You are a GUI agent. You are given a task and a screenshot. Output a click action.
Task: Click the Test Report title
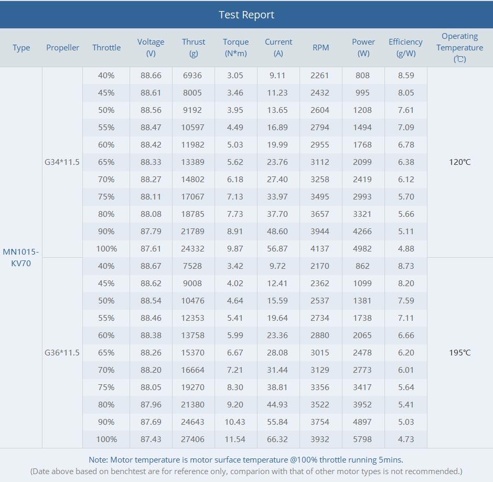(246, 15)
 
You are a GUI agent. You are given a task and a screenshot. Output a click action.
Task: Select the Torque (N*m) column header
(236, 48)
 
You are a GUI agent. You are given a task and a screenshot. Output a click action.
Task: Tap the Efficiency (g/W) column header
(405, 48)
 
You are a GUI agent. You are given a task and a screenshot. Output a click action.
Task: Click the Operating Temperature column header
(459, 48)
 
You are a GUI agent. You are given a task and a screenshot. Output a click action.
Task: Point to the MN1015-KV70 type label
(21, 257)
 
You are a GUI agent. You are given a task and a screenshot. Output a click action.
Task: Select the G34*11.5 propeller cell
(62, 162)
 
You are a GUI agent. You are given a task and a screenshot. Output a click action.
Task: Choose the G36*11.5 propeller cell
(62, 353)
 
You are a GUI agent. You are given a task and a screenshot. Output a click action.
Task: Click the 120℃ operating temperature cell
(459, 162)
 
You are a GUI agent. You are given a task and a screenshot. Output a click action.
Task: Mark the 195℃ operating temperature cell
(459, 353)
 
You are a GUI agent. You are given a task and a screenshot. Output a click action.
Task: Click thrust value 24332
(192, 249)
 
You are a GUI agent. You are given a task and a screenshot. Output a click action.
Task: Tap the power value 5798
(362, 439)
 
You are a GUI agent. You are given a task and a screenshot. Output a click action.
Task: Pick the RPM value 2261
(319, 76)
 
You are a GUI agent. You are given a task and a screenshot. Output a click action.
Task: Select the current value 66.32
(277, 439)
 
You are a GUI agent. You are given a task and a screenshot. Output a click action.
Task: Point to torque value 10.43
(235, 422)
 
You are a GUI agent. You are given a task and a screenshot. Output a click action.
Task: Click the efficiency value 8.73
(406, 266)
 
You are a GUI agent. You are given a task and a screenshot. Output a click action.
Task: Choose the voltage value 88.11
(151, 197)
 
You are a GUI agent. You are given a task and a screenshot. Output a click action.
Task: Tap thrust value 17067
(192, 197)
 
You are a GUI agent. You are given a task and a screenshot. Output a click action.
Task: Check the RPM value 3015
(320, 353)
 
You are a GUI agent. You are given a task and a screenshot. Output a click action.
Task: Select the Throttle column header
(106, 48)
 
